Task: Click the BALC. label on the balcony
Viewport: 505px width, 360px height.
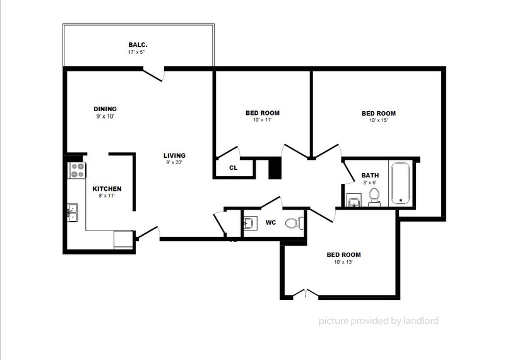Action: [138, 45]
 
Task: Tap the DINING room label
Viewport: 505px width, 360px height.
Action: [105, 109]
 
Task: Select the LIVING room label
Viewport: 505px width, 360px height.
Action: [174, 155]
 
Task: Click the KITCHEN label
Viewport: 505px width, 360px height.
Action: [107, 189]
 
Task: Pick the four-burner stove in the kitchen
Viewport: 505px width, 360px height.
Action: [78, 170]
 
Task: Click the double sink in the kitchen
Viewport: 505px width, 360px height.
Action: [73, 212]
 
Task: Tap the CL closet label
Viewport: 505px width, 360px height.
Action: [233, 168]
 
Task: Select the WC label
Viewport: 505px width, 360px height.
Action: [271, 222]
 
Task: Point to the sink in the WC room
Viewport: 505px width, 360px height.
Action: [249, 223]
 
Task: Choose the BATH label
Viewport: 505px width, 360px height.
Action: [370, 176]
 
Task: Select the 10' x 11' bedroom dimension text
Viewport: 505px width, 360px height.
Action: [262, 120]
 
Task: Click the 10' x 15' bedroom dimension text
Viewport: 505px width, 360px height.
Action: [378, 120]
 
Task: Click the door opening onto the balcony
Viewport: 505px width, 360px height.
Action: [154, 74]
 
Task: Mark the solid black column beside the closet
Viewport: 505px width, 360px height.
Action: [274, 169]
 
